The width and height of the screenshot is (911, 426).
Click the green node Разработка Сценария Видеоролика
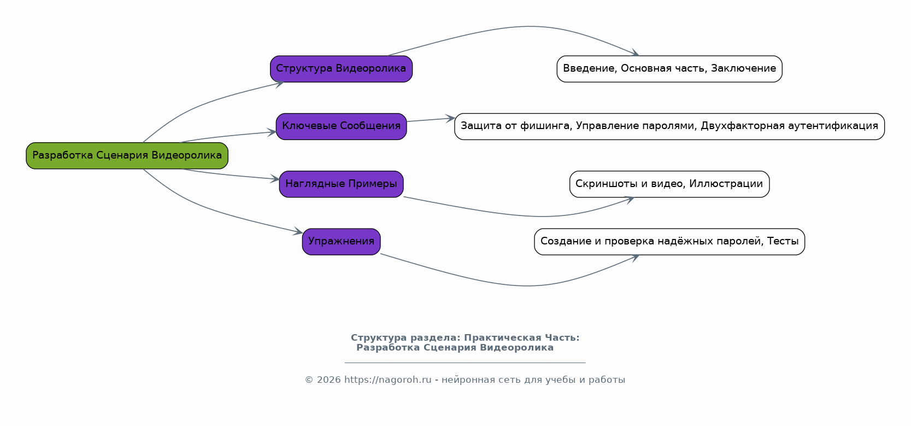tap(127, 155)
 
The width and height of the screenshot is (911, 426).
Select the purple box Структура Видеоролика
tap(341, 69)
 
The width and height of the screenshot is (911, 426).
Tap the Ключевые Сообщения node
tap(341, 126)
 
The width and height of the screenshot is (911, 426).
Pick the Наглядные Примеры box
tap(341, 184)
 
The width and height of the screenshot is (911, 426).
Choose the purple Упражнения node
tap(341, 242)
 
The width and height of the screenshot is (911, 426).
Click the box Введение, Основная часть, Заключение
tap(669, 69)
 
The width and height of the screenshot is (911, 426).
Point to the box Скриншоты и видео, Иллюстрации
tap(669, 184)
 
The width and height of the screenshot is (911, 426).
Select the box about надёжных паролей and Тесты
tap(669, 242)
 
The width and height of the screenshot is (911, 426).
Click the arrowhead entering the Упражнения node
tap(299, 231)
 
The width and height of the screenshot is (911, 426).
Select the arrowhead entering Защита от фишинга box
tap(451, 119)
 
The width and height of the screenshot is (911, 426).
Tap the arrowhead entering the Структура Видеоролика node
tap(279, 84)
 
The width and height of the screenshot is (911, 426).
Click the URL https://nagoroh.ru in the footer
tap(387, 380)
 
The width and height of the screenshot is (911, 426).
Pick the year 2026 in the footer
tap(328, 380)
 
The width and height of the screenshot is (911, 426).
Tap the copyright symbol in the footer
tap(309, 380)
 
